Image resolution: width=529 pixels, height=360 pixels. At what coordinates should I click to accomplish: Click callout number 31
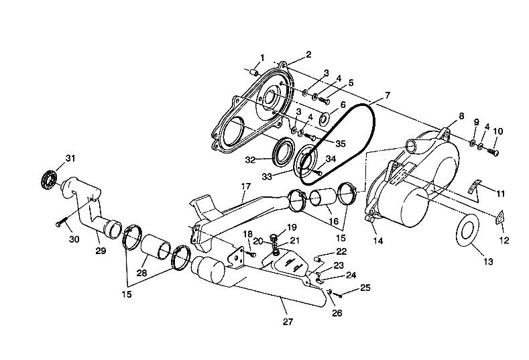point(71,158)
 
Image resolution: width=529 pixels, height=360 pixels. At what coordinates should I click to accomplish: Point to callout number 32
point(249,160)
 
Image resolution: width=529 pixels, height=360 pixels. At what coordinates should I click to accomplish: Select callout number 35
point(340,143)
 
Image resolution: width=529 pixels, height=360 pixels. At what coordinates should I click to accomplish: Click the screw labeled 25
point(340,294)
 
